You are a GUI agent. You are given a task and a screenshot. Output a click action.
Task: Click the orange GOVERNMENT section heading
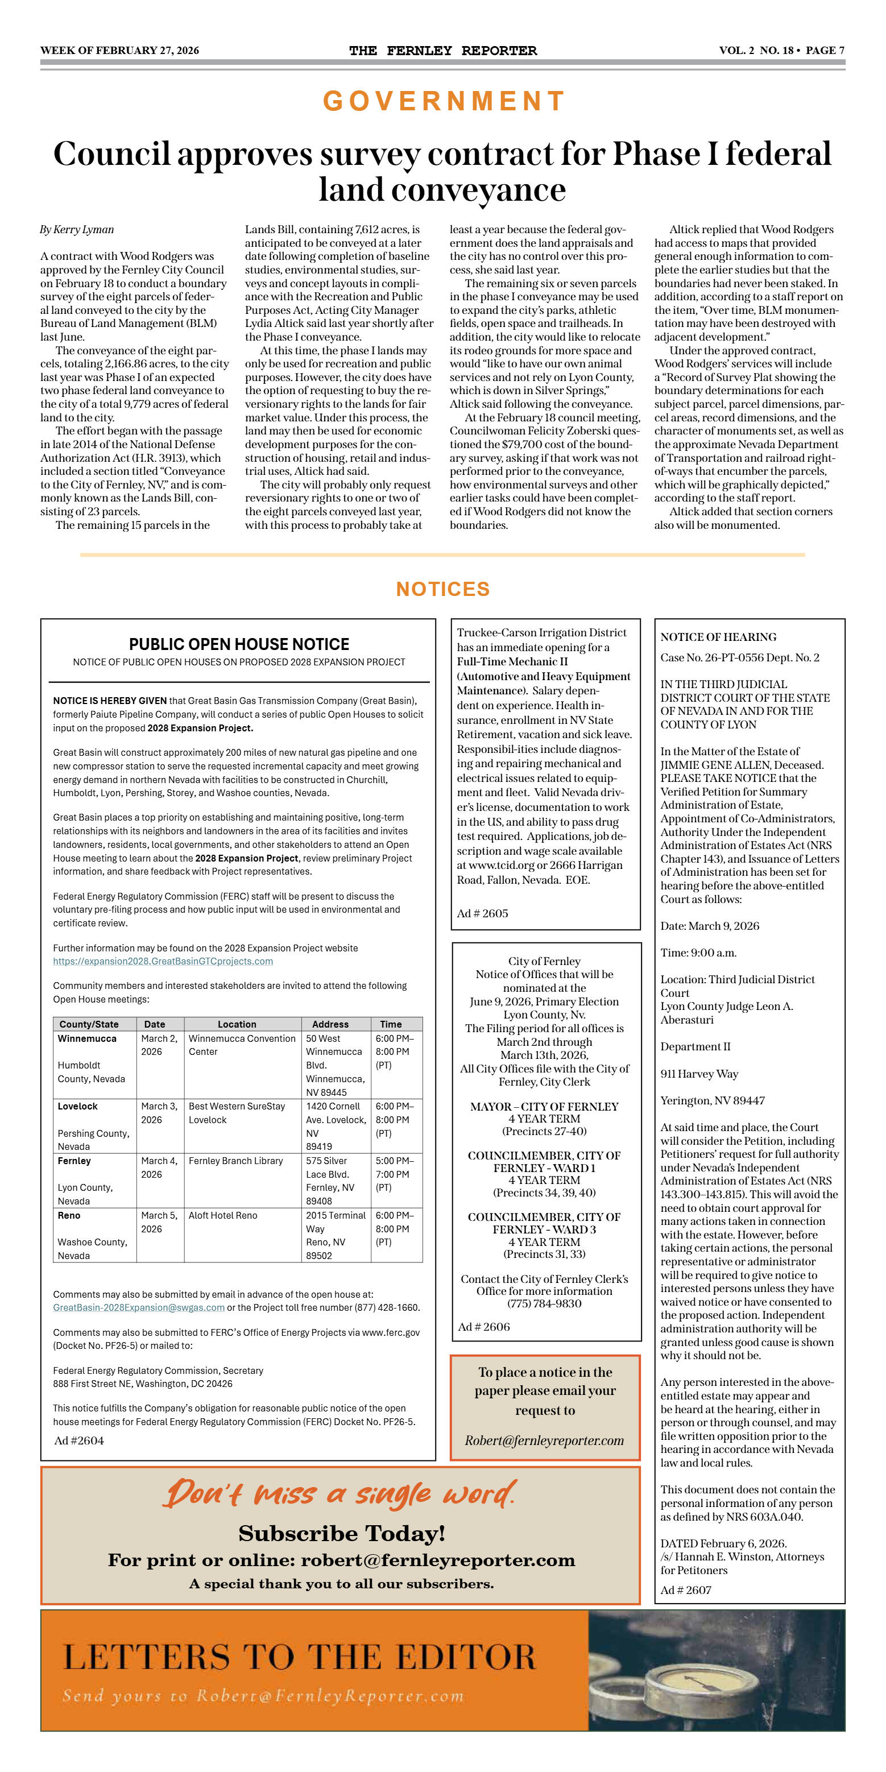[444, 101]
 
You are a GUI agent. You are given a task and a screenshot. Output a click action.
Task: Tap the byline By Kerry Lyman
[77, 230]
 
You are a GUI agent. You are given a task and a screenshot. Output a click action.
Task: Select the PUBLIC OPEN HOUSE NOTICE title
[239, 644]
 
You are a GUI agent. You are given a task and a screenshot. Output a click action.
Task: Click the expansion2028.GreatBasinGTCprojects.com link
[163, 961]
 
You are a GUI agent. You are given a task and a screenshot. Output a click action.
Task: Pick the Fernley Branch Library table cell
[236, 1161]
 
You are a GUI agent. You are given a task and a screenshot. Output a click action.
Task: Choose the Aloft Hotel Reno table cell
[223, 1215]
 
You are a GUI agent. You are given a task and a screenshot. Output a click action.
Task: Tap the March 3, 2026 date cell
[159, 1113]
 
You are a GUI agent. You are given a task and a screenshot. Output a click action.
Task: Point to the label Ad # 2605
[482, 913]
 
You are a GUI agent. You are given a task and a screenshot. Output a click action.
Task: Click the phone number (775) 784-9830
[544, 1303]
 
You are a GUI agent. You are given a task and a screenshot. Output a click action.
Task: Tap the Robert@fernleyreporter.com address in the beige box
[544, 1440]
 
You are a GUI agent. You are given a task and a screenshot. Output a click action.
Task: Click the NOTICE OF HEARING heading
[718, 637]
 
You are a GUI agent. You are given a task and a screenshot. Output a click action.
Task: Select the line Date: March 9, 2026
[710, 926]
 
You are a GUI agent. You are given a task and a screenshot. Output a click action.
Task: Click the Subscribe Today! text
[342, 1533]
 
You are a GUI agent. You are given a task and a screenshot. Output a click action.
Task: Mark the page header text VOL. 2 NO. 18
[756, 50]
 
